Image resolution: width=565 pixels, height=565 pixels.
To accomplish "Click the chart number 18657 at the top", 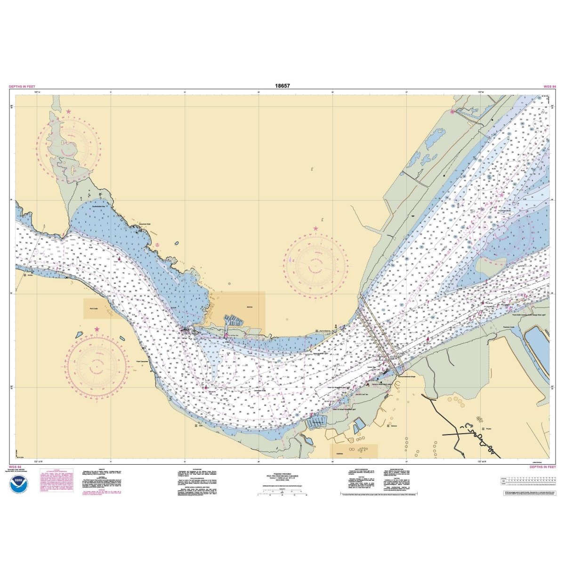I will point(282,86).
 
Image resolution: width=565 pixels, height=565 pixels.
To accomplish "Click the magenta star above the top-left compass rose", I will point(69,112).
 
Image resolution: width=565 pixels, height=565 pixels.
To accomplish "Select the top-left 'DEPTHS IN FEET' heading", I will point(21,87).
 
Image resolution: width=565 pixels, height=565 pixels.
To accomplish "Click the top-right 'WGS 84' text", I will point(549,87).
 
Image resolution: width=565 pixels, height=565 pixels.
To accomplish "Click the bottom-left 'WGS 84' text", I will point(15,467).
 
